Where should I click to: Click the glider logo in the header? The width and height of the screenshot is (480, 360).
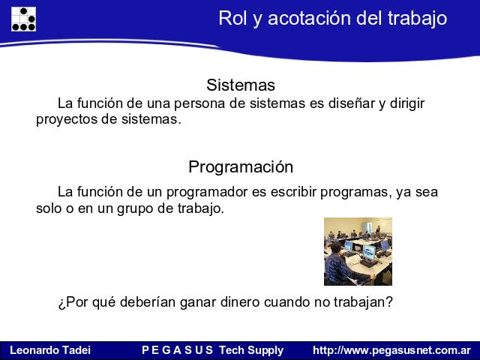point(23,19)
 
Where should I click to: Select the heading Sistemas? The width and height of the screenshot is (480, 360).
point(241,85)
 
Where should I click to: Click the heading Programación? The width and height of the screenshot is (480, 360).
point(241,167)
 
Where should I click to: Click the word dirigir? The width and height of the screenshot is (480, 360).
point(406,104)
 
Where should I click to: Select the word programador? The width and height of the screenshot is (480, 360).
point(207,193)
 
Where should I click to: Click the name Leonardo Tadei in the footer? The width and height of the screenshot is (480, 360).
point(50,350)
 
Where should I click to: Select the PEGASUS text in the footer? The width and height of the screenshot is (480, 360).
point(177,350)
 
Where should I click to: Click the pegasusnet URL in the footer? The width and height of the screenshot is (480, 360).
point(391,350)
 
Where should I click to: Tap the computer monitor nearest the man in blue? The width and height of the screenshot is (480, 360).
point(369,253)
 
